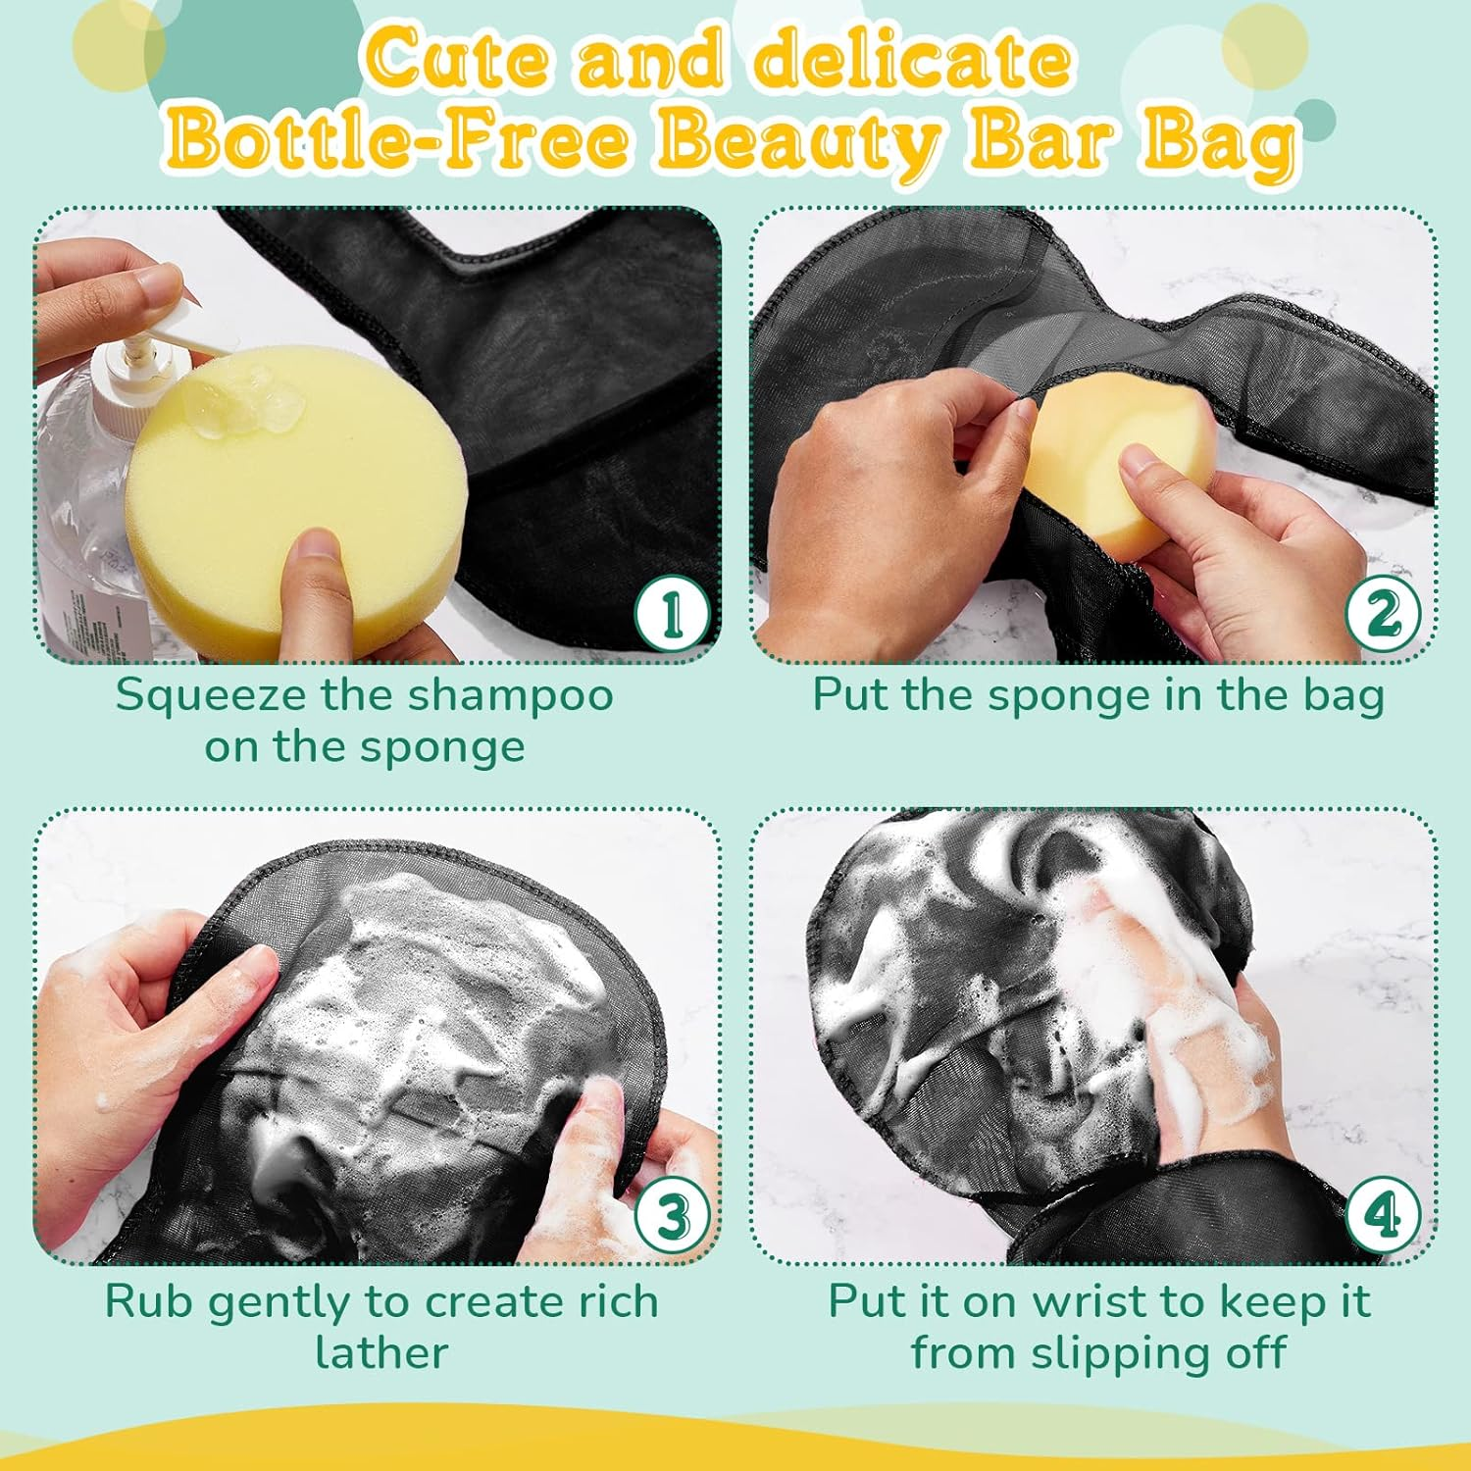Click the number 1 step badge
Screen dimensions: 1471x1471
[672, 613]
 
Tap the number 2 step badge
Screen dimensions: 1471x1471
[1383, 613]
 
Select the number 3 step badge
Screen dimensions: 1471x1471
[672, 1216]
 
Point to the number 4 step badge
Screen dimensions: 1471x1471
[1383, 1216]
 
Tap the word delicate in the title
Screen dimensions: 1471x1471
[912, 59]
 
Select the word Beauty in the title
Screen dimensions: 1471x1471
[798, 140]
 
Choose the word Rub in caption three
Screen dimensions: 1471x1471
[149, 1302]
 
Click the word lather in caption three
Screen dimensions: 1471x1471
[381, 1353]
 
